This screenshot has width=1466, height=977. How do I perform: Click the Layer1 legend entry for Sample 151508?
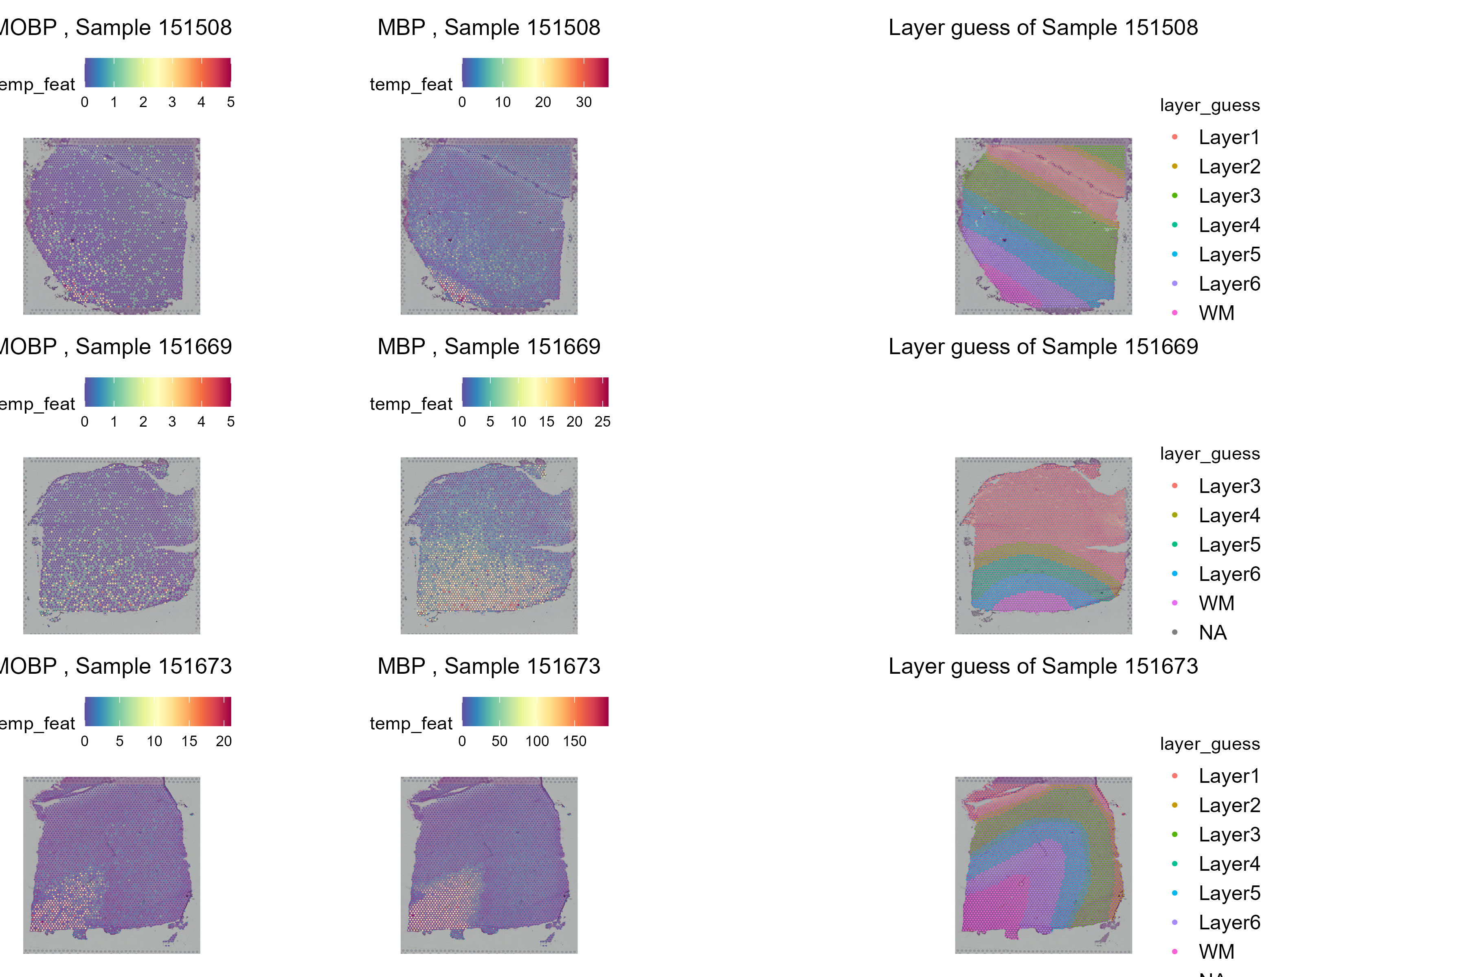tap(1229, 137)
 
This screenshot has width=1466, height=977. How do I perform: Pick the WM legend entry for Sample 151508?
tap(1216, 313)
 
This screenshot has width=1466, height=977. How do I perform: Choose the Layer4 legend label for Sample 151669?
tap(1229, 515)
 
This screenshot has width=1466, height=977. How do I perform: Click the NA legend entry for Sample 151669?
tap(1212, 633)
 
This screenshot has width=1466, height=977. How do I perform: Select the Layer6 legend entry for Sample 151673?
tap(1229, 922)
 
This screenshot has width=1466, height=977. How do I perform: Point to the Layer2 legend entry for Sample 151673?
tap(1229, 805)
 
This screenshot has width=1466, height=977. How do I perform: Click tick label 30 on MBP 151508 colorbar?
tap(584, 102)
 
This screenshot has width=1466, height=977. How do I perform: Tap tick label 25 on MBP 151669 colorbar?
tap(602, 422)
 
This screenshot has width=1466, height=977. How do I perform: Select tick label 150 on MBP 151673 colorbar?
tap(574, 741)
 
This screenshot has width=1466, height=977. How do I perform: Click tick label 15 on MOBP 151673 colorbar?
tap(189, 741)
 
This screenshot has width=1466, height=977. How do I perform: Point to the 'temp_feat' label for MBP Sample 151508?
tap(411, 84)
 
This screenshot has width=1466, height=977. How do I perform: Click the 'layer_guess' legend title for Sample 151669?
tap(1209, 453)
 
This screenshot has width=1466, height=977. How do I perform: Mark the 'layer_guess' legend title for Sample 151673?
tap(1209, 744)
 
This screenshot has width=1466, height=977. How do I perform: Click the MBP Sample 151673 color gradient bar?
tap(535, 712)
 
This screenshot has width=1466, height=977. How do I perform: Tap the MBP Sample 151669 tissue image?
tap(489, 546)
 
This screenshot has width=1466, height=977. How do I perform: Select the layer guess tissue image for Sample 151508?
tap(1043, 226)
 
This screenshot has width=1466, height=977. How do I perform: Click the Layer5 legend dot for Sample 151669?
tap(1174, 545)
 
